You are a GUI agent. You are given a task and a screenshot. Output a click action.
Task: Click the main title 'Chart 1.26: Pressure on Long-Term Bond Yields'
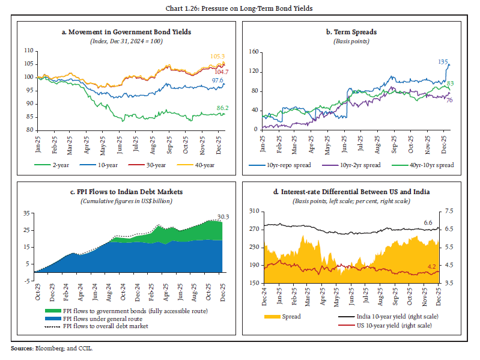point(240,7)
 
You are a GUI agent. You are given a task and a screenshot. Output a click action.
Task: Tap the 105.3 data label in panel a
point(217,56)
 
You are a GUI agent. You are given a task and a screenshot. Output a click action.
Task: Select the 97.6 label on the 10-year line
point(217,80)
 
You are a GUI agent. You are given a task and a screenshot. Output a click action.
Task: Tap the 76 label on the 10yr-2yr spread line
point(449,100)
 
